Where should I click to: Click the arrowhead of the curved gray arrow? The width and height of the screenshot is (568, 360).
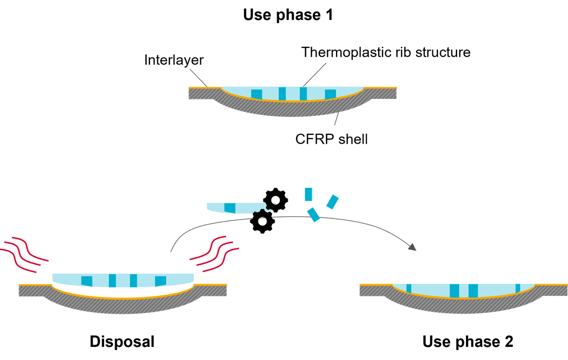[413, 247]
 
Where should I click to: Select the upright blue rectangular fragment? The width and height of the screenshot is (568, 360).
[309, 194]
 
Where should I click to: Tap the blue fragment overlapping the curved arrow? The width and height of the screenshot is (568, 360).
[313, 214]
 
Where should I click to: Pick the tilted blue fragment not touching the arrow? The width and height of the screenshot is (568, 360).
[332, 202]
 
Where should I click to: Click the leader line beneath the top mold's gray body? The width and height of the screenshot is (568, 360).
[336, 120]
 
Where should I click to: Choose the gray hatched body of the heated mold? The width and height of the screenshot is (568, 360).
[123, 306]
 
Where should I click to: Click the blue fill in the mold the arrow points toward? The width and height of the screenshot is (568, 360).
[463, 289]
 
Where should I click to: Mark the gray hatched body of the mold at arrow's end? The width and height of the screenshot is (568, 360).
[463, 306]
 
